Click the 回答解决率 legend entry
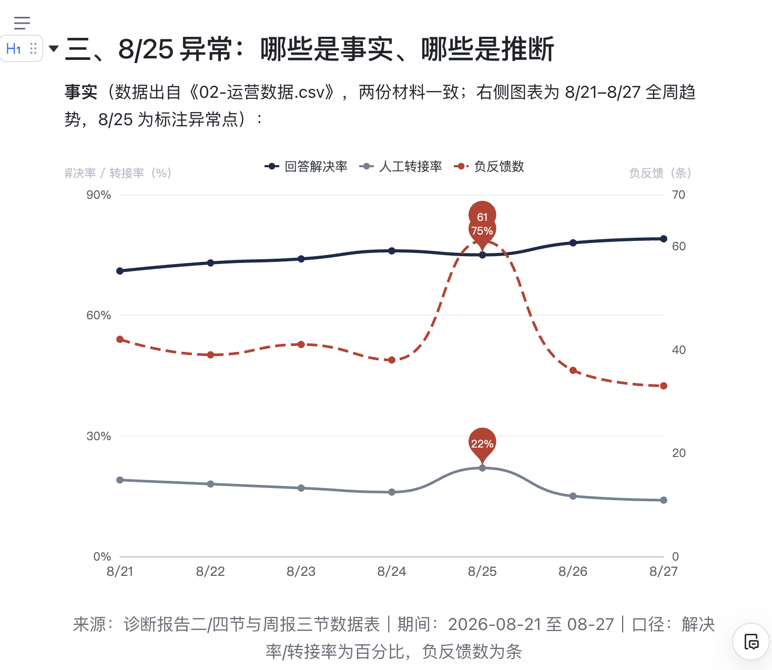[306, 166]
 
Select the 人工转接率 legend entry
[400, 166]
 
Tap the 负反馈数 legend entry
[489, 166]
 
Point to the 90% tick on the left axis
[98, 195]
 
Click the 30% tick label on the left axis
[98, 436]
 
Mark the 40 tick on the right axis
[678, 350]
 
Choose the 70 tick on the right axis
[678, 195]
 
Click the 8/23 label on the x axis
[301, 571]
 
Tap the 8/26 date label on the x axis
[573, 571]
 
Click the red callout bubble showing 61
[482, 214]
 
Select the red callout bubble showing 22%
[482, 444]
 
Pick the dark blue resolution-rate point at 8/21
[120, 271]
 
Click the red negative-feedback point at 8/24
[392, 360]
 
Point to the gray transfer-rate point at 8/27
[664, 500]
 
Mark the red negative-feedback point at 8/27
[664, 386]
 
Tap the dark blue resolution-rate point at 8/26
[573, 242]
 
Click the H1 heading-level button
[13, 49]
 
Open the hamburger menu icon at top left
[22, 23]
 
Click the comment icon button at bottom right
[751, 642]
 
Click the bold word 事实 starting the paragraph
[81, 92]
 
